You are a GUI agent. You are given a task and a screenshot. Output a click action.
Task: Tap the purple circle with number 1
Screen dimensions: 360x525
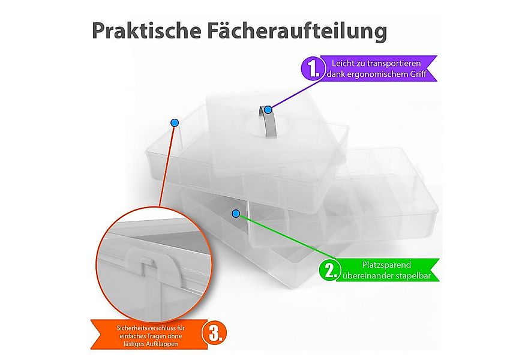pyautogui.click(x=313, y=68)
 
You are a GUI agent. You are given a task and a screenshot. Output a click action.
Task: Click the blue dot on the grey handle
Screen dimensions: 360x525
pyautogui.click(x=269, y=109)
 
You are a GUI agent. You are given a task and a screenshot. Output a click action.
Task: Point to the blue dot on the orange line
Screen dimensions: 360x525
pyautogui.click(x=175, y=122)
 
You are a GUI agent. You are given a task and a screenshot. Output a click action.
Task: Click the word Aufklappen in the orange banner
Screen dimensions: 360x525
pyautogui.click(x=166, y=344)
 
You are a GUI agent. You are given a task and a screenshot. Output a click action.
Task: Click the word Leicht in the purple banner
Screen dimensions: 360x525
pyautogui.click(x=343, y=63)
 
